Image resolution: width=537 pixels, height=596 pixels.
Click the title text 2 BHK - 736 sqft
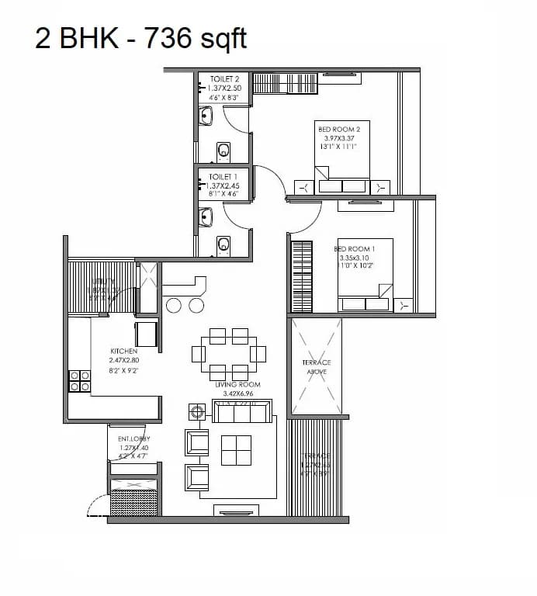[x=140, y=37]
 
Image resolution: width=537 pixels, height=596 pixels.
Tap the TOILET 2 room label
[x=223, y=79]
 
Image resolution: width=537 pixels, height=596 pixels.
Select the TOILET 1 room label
[x=223, y=177]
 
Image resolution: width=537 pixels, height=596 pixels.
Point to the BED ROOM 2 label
[x=339, y=129]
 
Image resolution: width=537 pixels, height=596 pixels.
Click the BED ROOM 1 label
[x=355, y=248]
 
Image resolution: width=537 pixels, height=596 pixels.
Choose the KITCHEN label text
[x=123, y=352]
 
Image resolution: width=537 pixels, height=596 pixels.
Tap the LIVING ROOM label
[x=237, y=385]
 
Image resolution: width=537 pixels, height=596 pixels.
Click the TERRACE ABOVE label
[x=316, y=367]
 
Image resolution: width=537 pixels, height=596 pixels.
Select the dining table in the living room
[x=229, y=354]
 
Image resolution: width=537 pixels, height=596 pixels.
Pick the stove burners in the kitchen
[x=80, y=380]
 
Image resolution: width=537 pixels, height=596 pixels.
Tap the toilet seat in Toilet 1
[x=223, y=245]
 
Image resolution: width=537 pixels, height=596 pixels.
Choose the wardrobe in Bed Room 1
[x=301, y=276]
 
